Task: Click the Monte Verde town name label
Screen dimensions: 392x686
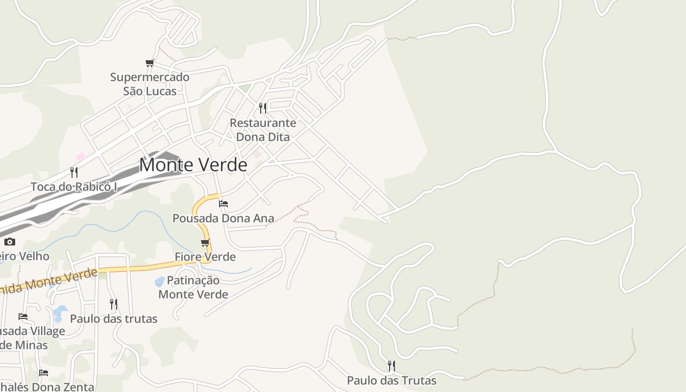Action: pos(193,165)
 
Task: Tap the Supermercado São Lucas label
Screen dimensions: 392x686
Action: pos(149,84)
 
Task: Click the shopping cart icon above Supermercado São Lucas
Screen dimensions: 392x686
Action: pos(149,63)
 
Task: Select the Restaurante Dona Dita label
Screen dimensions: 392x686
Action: pos(263,130)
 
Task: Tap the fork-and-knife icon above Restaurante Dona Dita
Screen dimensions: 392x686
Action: pos(263,108)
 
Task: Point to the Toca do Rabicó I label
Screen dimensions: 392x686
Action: pos(74,187)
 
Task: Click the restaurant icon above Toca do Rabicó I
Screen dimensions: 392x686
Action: pos(74,172)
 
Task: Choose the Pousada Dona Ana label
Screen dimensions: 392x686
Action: pos(223,218)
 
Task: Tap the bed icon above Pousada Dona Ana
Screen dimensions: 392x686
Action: pos(223,203)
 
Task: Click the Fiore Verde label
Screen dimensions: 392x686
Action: pos(205,257)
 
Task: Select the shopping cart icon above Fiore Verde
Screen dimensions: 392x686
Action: pos(205,243)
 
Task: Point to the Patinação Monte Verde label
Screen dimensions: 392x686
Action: pos(193,287)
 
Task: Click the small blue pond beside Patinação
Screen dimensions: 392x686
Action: pos(160,282)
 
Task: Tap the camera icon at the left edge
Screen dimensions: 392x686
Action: pos(10,242)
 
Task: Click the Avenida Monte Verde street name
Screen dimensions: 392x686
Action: pos(49,282)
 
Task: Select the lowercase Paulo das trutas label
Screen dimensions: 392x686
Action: pos(114,318)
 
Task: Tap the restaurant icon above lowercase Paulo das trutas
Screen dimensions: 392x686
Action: pos(114,304)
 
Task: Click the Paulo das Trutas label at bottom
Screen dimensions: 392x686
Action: pos(392,380)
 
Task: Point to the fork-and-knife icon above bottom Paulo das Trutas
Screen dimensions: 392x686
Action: pos(391,366)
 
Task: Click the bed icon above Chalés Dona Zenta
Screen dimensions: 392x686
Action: pos(44,373)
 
